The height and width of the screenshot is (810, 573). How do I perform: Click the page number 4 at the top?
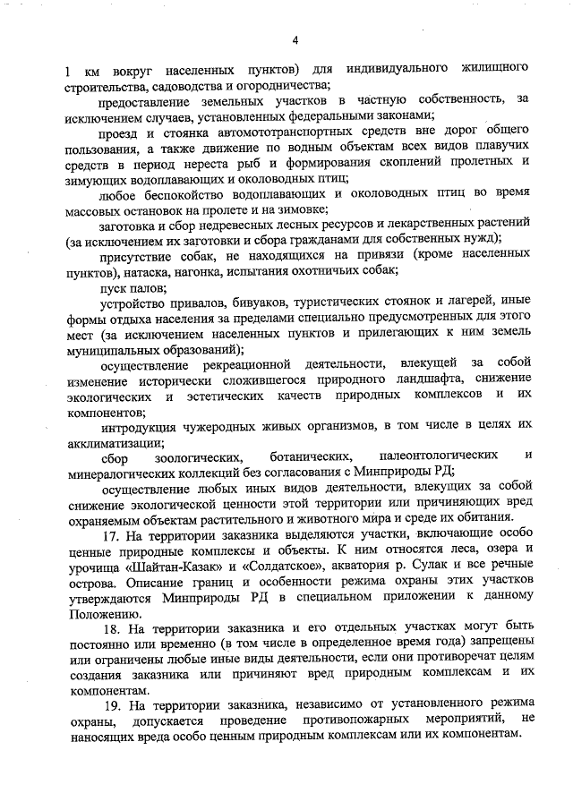pos(295,39)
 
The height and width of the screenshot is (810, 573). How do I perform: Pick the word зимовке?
pos(302,209)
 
